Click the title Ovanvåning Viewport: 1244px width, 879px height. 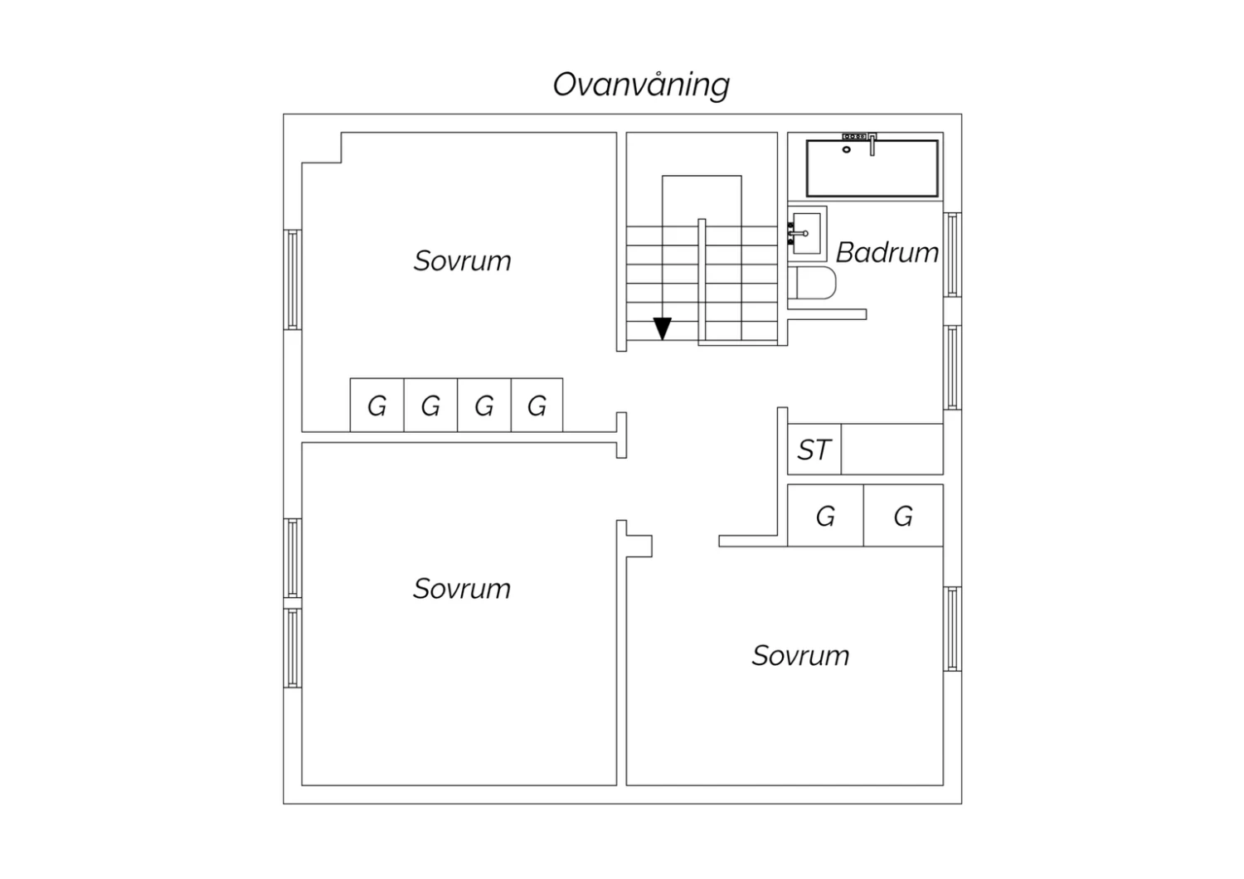pyautogui.click(x=641, y=85)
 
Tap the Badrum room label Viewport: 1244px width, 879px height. pyautogui.click(x=887, y=253)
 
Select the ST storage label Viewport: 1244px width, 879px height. pyautogui.click(x=814, y=449)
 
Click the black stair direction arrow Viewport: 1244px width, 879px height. pyautogui.click(x=662, y=328)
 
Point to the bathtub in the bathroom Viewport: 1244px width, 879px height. pyautogui.click(x=872, y=168)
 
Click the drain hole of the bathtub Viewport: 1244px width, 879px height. pyautogui.click(x=847, y=150)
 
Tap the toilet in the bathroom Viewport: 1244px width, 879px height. pyautogui.click(x=812, y=283)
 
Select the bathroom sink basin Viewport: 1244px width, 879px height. pyautogui.click(x=807, y=234)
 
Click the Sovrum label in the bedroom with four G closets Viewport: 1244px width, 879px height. pyautogui.click(x=462, y=261)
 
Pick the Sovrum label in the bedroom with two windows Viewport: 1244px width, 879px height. pyautogui.click(x=461, y=589)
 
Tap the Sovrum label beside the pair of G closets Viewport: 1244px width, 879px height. pyautogui.click(x=800, y=656)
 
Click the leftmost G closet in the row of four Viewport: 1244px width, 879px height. pyautogui.click(x=377, y=406)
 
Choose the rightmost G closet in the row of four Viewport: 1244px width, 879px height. pyautogui.click(x=537, y=406)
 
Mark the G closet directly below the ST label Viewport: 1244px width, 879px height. pyautogui.click(x=826, y=516)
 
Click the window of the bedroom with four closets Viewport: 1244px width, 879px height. pyautogui.click(x=293, y=279)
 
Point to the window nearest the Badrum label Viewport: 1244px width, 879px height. pyautogui.click(x=952, y=255)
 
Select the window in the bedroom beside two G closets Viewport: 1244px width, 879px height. pyautogui.click(x=952, y=629)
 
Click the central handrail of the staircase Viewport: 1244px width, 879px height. pyautogui.click(x=702, y=281)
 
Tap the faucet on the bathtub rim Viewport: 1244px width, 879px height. pyautogui.click(x=872, y=145)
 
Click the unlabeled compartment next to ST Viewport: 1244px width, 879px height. pyautogui.click(x=892, y=449)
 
